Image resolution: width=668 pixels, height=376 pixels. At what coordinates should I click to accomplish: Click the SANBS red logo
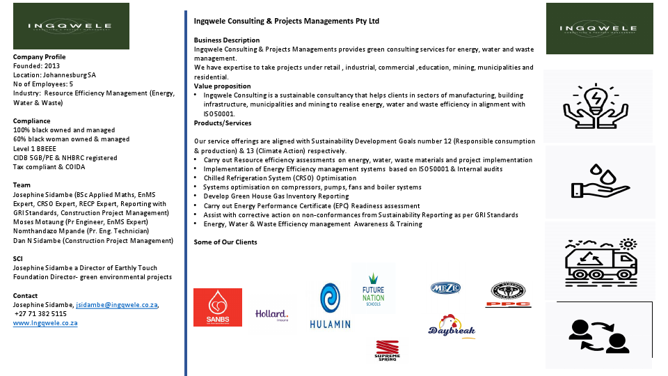point(218,307)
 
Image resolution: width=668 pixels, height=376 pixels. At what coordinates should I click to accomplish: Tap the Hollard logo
point(271,315)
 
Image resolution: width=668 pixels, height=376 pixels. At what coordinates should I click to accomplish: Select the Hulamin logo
point(331,306)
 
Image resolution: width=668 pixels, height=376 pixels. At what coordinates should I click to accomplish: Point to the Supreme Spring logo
point(388,350)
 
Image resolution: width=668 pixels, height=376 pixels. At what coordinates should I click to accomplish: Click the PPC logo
point(508,295)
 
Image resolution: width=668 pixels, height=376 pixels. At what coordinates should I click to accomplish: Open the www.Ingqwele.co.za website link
point(45,323)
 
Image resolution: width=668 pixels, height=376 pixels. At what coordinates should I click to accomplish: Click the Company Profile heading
point(40,57)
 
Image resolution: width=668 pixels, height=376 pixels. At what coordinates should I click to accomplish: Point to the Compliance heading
point(31,120)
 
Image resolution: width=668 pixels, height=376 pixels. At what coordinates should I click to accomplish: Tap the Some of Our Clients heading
point(225,242)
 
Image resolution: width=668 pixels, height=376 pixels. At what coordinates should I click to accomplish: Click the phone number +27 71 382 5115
point(41,314)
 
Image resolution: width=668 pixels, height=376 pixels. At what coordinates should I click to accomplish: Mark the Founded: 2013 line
point(36,66)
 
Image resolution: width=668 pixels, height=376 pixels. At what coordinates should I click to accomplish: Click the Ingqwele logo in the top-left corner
point(71,26)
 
